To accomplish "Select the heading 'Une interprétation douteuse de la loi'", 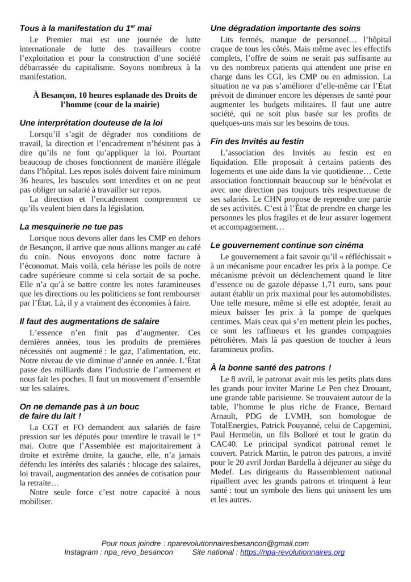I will (91, 122).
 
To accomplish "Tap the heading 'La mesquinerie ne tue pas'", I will (71, 226).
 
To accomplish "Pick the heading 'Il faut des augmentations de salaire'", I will (89, 321).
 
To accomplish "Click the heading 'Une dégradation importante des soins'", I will (285, 28).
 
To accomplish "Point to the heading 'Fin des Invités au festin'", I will (257, 141).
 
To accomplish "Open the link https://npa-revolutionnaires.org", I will (292, 552).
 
